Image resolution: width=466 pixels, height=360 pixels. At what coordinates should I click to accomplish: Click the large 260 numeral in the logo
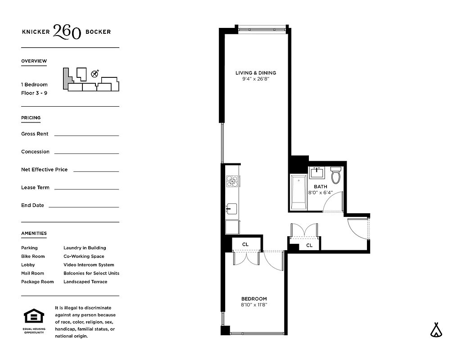pyautogui.click(x=67, y=31)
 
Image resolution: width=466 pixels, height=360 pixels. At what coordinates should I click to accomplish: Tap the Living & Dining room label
pyautogui.click(x=256, y=73)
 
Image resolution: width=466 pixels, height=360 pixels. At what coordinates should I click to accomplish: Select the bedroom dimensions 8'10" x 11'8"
pyautogui.click(x=254, y=305)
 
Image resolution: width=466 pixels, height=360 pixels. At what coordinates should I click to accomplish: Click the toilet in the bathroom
pyautogui.click(x=335, y=175)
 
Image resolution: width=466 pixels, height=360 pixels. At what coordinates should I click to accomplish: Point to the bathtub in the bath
pyautogui.click(x=298, y=192)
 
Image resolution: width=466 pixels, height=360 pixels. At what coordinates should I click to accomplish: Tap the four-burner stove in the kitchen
pyautogui.click(x=232, y=181)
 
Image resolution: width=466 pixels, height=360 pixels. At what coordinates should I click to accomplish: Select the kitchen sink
pyautogui.click(x=231, y=208)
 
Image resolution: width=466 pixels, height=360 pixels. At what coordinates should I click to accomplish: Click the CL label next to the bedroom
pyautogui.click(x=245, y=244)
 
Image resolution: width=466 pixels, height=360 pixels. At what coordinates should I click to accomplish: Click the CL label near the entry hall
pyautogui.click(x=309, y=245)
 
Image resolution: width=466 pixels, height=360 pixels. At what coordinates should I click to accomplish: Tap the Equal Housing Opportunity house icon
pyautogui.click(x=34, y=316)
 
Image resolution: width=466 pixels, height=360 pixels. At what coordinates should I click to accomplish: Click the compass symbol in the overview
pyautogui.click(x=95, y=74)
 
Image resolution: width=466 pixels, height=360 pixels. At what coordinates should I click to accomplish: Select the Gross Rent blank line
pyautogui.click(x=86, y=135)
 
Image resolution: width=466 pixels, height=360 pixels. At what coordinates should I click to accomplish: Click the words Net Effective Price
pyautogui.click(x=44, y=170)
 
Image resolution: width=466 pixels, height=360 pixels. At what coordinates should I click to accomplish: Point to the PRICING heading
pyautogui.click(x=31, y=118)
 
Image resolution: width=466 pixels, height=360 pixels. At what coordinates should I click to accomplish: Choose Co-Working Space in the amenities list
pyautogui.click(x=84, y=256)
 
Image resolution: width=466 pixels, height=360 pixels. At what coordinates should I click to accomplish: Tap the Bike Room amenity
pyautogui.click(x=33, y=256)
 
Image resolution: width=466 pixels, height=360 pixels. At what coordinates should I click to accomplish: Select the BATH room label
pyautogui.click(x=320, y=187)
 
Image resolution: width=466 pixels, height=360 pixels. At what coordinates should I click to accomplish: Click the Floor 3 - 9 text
pyautogui.click(x=34, y=93)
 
